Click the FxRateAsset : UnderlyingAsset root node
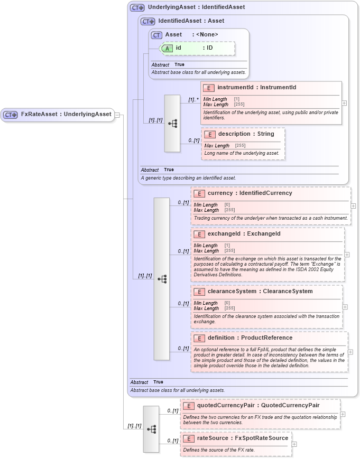click(58, 114)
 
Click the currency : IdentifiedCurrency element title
click(250, 193)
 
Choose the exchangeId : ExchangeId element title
click(244, 234)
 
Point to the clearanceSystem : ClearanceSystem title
click(260, 292)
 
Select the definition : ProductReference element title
click(250, 338)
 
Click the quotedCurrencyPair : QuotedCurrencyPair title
click(258, 406)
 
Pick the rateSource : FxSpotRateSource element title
click(242, 438)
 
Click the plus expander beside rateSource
click(294, 444)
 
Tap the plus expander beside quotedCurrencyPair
click(343, 414)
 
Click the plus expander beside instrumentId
click(344, 103)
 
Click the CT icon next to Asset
click(156, 35)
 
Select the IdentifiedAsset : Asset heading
click(191, 21)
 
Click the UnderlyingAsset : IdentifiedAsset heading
click(196, 7)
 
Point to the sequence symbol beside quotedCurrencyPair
click(151, 429)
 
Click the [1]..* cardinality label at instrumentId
click(194, 99)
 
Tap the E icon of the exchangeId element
click(199, 235)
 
